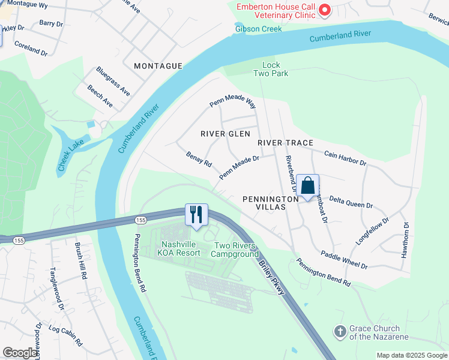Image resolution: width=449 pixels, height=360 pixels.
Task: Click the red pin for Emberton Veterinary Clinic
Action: pos(325,9)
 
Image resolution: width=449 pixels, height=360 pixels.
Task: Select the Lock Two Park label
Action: pos(275,69)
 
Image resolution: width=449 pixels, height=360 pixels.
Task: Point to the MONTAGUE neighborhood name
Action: pos(158,66)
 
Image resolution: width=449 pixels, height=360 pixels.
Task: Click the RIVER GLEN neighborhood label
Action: pos(225,134)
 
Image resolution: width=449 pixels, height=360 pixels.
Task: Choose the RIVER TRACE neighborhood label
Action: pos(286,143)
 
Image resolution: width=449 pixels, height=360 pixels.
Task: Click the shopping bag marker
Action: pos(307,186)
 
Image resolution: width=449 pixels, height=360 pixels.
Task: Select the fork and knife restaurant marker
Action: pos(196,215)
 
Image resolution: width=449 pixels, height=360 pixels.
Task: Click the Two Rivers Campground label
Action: pos(236,250)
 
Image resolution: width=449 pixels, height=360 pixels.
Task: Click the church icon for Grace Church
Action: pos(340,331)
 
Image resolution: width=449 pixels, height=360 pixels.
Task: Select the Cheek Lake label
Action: pos(70,152)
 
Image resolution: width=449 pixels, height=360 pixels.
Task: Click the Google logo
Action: pos(20,353)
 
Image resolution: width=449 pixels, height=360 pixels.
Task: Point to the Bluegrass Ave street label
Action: pos(113,81)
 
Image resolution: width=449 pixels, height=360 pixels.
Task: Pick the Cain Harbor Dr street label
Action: pos(345,158)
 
